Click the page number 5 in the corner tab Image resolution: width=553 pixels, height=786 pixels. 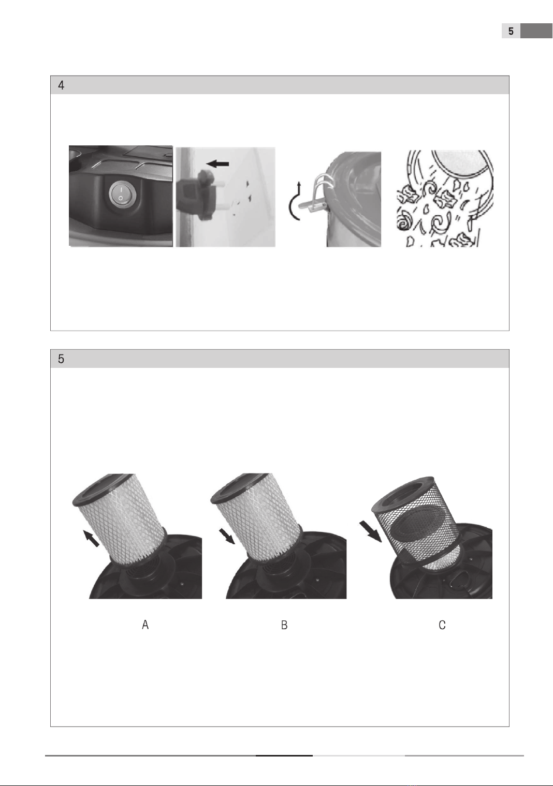click(511, 31)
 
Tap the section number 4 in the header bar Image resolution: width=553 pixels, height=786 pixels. click(61, 85)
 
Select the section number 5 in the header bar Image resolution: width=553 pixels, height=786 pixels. click(61, 359)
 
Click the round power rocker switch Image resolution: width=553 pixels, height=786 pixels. click(121, 194)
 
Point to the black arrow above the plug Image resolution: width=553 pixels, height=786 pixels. click(217, 164)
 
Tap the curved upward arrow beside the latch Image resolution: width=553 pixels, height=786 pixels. click(296, 201)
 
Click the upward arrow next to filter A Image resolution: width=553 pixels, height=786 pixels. click(91, 538)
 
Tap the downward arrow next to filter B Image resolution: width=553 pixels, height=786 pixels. click(227, 536)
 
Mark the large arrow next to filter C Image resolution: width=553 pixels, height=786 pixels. click(371, 531)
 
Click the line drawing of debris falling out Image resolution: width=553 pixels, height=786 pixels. click(445, 198)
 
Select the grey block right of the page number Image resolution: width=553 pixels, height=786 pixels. click(536, 31)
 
